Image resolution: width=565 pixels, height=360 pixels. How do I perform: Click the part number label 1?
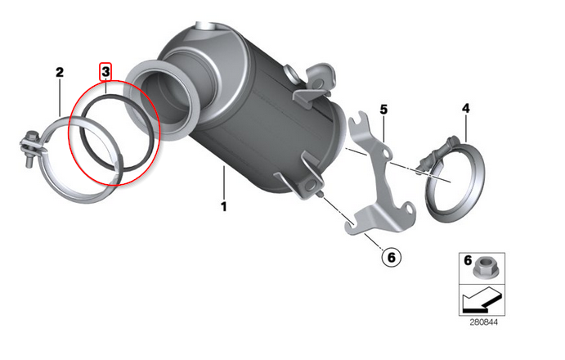tap(223, 206)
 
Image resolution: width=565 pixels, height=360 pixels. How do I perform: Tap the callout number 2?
tap(60, 73)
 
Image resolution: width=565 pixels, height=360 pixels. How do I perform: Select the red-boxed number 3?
tap(105, 72)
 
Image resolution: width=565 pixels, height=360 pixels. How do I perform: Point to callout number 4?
tap(466, 108)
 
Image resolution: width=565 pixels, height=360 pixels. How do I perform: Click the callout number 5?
tap(383, 108)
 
